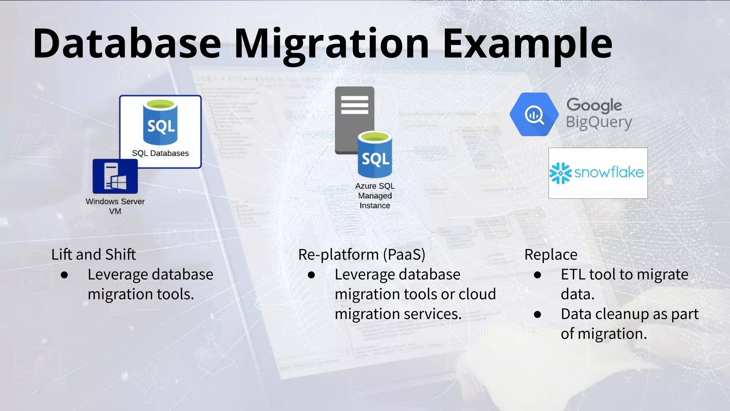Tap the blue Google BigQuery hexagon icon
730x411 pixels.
534,115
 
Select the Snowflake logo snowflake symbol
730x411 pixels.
560,173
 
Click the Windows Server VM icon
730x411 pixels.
115,176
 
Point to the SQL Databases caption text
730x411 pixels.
160,153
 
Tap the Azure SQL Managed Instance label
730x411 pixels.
375,196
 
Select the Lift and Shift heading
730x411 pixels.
93,255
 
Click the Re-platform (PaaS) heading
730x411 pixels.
362,255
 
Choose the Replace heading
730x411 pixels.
551,255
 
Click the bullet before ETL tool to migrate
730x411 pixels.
538,275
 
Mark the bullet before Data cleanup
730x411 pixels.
538,315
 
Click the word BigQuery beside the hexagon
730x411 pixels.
599,122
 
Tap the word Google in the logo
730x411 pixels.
594,105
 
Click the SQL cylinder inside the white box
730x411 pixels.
160,123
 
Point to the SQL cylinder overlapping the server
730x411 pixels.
375,156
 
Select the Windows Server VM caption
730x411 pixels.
115,206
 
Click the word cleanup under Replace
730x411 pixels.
622,314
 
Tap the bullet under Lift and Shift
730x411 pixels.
65,275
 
